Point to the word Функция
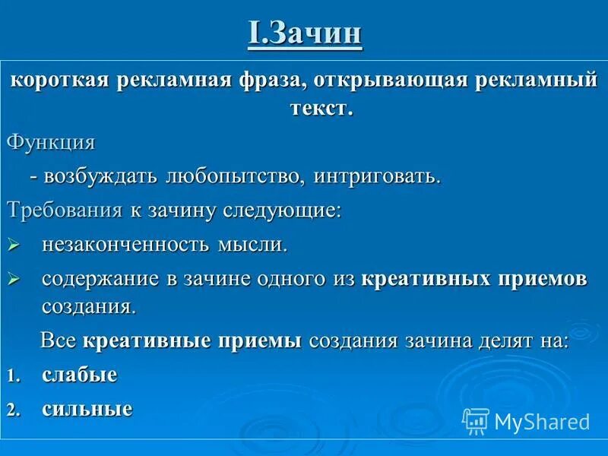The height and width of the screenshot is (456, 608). pos(51,142)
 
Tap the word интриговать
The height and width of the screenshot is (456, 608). pos(375,176)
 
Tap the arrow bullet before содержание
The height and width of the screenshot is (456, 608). pos(12,280)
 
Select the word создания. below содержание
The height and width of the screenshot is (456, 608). pos(89,306)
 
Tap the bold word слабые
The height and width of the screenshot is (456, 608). pos(80,375)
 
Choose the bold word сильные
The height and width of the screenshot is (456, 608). pos(87,409)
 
